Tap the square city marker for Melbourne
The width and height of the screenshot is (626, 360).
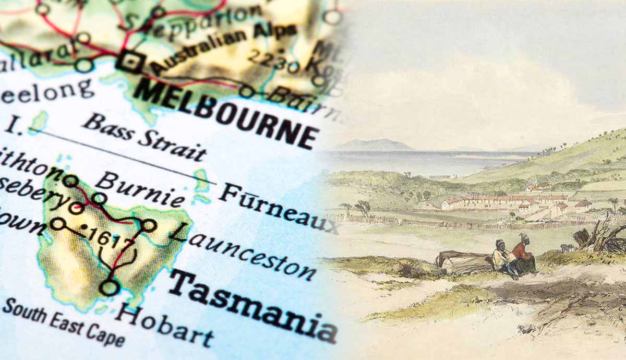(x=130, y=62)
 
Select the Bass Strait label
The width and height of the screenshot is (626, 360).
(x=144, y=137)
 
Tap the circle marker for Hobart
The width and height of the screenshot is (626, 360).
(x=109, y=287)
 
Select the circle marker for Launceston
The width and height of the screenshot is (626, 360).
(x=149, y=225)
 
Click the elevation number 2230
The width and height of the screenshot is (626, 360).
(x=273, y=60)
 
